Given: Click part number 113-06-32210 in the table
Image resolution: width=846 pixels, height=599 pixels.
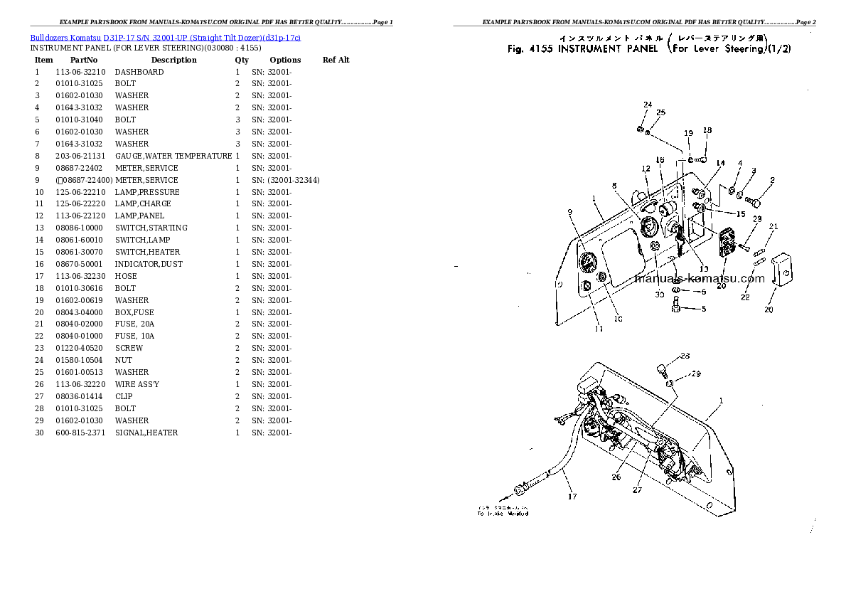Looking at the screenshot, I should click(80, 72).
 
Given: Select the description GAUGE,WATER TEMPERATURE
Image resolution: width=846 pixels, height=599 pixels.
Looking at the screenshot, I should click(173, 156).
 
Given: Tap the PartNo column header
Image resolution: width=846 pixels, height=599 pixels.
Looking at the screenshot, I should click(83, 60).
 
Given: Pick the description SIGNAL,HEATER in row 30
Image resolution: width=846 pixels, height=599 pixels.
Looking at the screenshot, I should click(146, 433).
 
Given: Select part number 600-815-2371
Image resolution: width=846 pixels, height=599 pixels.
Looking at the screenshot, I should click(80, 433).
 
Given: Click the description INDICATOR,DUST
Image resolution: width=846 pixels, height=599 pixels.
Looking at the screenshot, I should click(148, 264).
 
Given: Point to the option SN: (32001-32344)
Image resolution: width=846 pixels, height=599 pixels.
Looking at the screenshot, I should click(285, 180).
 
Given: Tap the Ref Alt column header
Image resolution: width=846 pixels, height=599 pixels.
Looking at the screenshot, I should click(336, 60).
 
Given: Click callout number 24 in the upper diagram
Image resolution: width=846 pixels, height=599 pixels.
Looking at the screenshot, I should click(647, 105).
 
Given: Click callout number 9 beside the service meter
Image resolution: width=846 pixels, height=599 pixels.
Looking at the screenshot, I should click(569, 211).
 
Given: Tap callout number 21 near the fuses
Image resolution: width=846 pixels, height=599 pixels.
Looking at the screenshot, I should click(773, 227).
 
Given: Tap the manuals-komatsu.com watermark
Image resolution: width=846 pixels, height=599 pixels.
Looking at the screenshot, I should click(700, 278).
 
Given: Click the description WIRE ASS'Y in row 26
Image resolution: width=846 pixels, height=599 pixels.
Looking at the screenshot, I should click(136, 384).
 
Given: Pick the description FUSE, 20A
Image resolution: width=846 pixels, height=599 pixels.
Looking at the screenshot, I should click(134, 324).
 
